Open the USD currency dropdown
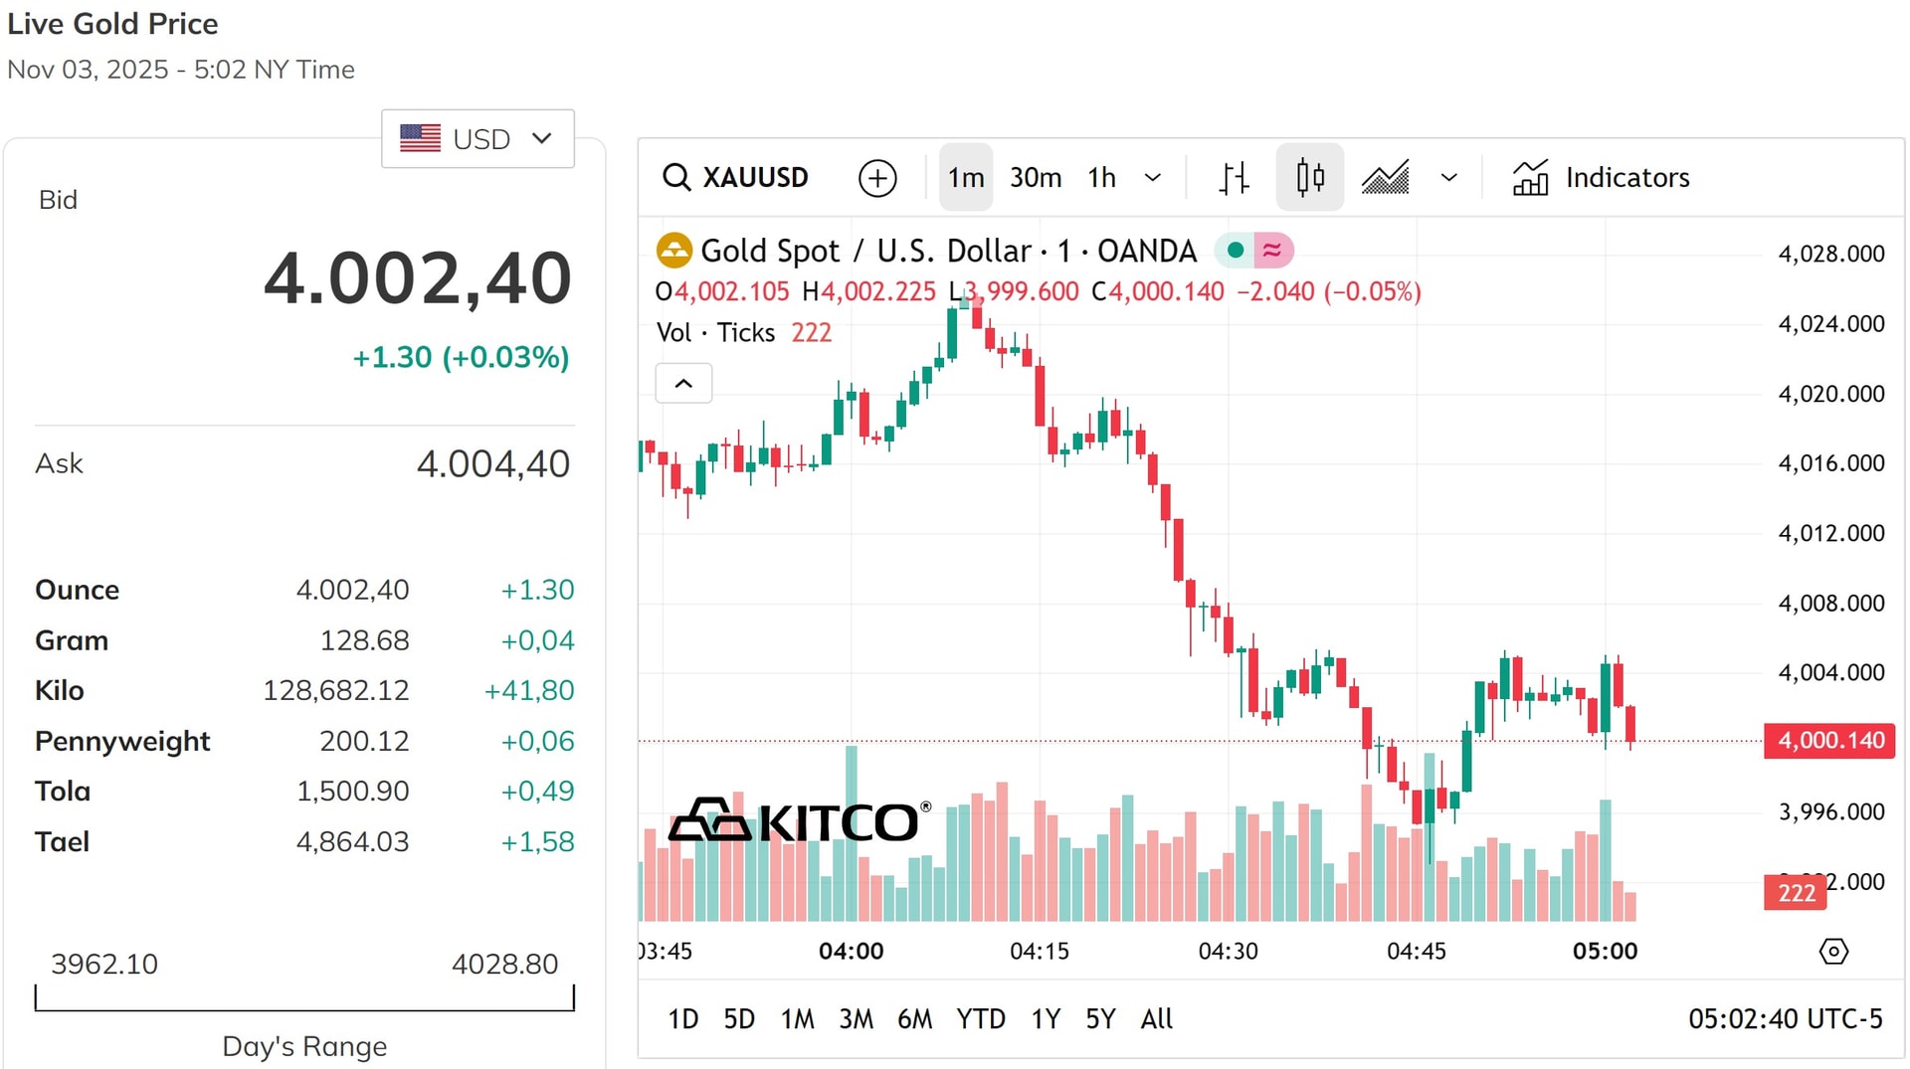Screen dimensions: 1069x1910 (477, 139)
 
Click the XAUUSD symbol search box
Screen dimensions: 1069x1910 (736, 178)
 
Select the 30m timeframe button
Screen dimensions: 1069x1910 (1035, 178)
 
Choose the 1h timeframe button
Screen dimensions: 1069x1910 (1101, 178)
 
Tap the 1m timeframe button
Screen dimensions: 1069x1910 (965, 178)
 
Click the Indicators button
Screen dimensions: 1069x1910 (1601, 178)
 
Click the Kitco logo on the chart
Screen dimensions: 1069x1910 (800, 821)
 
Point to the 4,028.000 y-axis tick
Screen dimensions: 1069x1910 (1830, 255)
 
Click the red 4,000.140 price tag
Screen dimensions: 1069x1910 (1829, 741)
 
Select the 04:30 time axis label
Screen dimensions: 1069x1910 (1228, 952)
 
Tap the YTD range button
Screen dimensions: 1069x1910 (980, 1019)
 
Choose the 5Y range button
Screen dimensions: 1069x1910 (1099, 1019)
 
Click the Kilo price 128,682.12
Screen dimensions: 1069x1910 (336, 691)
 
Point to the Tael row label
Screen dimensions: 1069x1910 (63, 842)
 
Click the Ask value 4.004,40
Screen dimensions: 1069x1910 (492, 464)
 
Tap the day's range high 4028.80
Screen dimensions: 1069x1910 (504, 965)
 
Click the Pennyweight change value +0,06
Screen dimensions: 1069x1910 (537, 742)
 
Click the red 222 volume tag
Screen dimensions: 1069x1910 (1796, 893)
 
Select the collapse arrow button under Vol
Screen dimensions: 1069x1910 (683, 384)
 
